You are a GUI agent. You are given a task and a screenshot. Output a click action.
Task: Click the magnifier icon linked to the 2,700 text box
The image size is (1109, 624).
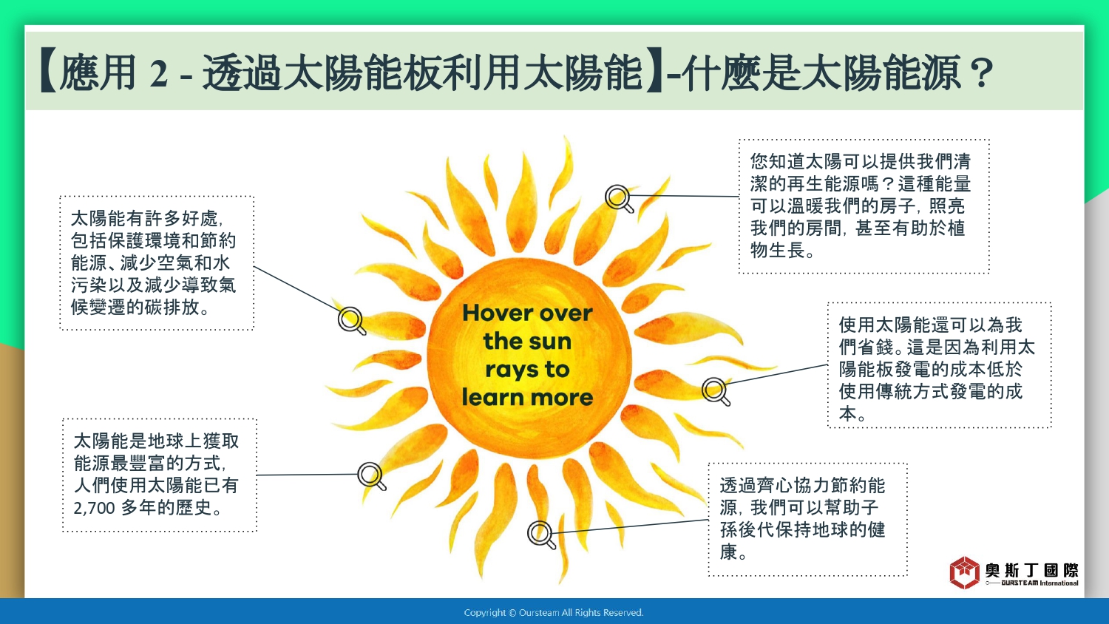click(x=372, y=476)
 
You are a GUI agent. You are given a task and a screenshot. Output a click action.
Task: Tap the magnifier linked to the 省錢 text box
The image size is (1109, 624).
click(x=716, y=392)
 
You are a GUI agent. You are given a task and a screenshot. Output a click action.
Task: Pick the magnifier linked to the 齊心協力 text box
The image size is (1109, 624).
click(x=542, y=535)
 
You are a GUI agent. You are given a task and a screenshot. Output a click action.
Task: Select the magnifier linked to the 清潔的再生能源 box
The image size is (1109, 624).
click(x=620, y=199)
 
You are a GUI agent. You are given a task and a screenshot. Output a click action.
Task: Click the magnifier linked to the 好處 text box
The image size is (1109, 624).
click(x=352, y=321)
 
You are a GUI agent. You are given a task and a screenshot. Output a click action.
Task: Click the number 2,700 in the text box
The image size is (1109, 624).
click(x=94, y=508)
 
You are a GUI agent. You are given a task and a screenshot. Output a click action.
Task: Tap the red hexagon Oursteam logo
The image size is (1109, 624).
click(x=964, y=573)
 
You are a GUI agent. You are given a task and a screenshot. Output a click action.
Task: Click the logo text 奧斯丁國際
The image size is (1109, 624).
click(x=1031, y=571)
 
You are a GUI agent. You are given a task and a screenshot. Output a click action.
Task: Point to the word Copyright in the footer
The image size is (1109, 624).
click(x=485, y=613)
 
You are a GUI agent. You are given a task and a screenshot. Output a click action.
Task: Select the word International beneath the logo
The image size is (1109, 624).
click(x=1059, y=583)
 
